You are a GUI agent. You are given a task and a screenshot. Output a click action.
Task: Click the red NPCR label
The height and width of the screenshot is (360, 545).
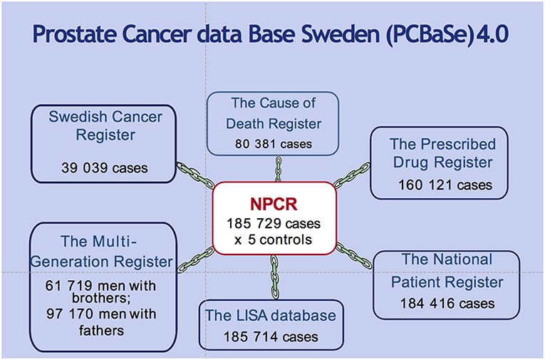tap(274, 204)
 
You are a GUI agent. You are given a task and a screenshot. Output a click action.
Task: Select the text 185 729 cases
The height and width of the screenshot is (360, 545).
tap(274, 224)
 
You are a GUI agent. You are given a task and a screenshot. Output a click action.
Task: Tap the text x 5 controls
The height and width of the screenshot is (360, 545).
tap(273, 240)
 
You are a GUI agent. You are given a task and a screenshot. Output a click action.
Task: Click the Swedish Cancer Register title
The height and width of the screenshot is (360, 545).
tap(105, 125)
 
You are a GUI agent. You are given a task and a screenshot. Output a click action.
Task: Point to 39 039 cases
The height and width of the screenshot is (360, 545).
tap(105, 168)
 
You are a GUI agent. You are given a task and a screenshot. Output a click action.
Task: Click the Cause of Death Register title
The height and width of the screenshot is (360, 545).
tap(274, 113)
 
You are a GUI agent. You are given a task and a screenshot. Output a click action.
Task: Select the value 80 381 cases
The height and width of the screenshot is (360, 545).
tap(274, 144)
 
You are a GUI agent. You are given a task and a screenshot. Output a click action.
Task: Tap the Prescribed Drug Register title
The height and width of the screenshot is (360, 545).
tap(443, 153)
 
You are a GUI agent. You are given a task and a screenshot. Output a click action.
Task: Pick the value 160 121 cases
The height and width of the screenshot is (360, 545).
tap(445, 185)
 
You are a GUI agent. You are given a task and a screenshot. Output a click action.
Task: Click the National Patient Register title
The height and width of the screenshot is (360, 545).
tap(447, 271)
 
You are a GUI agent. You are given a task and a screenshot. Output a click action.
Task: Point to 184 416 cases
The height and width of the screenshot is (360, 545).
tap(447, 304)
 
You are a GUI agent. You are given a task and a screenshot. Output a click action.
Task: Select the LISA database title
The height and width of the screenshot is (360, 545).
tap(271, 316)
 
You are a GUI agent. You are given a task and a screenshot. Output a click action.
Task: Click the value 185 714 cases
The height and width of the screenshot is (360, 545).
tap(271, 336)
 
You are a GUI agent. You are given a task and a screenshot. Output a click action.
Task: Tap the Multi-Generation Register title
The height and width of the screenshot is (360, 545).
tap(101, 252)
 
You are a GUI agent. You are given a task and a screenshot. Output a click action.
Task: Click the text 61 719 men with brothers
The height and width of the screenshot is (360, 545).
tap(100, 292)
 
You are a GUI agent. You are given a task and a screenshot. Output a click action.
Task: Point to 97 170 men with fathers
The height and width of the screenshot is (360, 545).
tap(101, 322)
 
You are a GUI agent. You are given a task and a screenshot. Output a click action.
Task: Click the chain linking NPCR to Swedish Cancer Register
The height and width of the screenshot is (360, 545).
tap(195, 175)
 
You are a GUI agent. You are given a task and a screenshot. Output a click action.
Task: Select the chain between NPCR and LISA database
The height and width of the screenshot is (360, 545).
tap(274, 277)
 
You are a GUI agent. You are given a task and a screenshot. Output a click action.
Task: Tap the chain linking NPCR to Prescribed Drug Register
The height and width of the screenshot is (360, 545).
tap(351, 175)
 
